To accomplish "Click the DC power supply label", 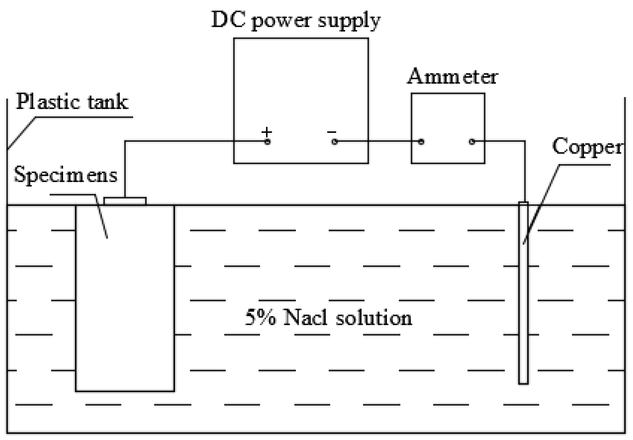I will click(x=296, y=20).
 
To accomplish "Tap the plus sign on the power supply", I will click(x=267, y=132).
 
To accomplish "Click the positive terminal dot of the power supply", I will click(x=267, y=142).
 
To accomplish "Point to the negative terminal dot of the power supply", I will click(x=334, y=142).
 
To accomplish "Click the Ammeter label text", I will click(x=453, y=77).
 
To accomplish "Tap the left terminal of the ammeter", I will click(x=421, y=142).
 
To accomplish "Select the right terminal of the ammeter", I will click(x=472, y=142).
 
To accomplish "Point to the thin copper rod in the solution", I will click(x=523, y=303).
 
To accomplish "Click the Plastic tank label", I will click(x=72, y=102).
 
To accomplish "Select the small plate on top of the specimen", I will click(x=125, y=201).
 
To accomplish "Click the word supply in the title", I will click(x=349, y=21).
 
